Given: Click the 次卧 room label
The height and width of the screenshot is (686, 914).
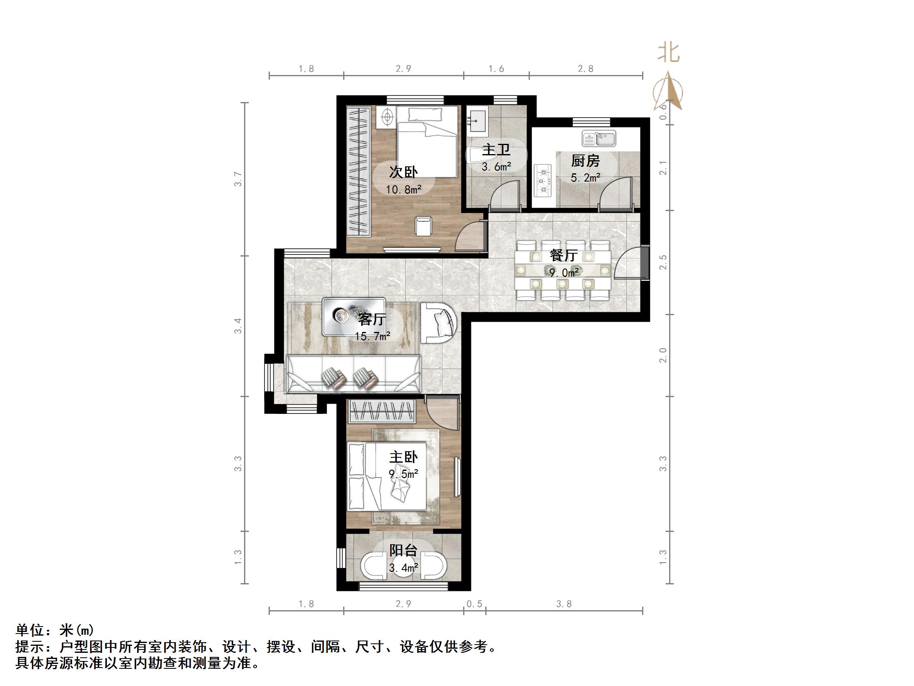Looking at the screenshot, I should [x=403, y=172].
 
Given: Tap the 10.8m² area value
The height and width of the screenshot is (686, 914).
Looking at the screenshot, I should [x=404, y=190].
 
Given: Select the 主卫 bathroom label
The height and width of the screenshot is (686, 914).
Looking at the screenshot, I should [x=496, y=149].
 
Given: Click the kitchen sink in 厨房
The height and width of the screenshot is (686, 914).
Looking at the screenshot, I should [x=599, y=139].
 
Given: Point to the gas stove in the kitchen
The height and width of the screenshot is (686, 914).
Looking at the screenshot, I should [x=543, y=180].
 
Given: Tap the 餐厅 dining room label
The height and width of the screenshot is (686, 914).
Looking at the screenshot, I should [x=563, y=255].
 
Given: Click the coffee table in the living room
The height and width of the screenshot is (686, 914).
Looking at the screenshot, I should [x=354, y=317].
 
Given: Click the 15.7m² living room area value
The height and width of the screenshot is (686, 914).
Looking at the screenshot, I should [x=372, y=336].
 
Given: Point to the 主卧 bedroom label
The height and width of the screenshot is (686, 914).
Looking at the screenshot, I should [x=403, y=457].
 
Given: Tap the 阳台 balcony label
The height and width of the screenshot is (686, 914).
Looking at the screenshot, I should [x=403, y=550].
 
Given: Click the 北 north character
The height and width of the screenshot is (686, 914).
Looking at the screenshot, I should [x=668, y=53].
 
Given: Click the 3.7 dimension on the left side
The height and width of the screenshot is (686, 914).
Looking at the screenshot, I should [x=238, y=179].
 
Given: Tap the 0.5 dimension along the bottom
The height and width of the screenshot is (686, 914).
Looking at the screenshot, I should [x=474, y=604].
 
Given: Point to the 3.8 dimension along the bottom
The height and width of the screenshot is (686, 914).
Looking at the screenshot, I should [x=563, y=604].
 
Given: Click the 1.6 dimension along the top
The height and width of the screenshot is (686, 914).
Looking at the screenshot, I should [x=496, y=69].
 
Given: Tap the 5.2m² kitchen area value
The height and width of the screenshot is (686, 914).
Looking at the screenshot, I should [x=585, y=178].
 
